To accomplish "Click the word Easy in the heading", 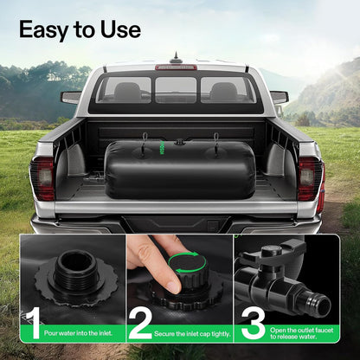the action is pyautogui.click(x=45, y=30).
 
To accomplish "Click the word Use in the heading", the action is pyautogui.click(x=121, y=29).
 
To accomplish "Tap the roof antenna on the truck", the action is pyautogui.click(x=176, y=58).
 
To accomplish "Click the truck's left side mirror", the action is pyautogui.click(x=71, y=97).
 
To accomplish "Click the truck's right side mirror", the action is pyautogui.click(x=279, y=97).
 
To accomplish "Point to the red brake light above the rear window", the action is pyautogui.click(x=177, y=67).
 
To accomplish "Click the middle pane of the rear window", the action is pyautogui.click(x=176, y=90).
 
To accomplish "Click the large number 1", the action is pyautogui.click(x=33, y=323).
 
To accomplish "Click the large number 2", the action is pyautogui.click(x=140, y=323).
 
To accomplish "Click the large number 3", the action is pyautogui.click(x=253, y=323).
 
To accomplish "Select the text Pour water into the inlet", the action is pyautogui.click(x=78, y=333).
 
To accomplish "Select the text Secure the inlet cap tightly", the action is pyautogui.click(x=192, y=334).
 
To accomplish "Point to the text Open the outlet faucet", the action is pyautogui.click(x=302, y=330).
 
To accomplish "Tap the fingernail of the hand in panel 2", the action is pyautogui.click(x=175, y=286).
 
